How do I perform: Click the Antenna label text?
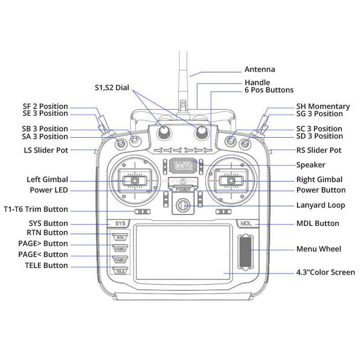click(x=260, y=69)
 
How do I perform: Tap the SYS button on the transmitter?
click(x=120, y=223)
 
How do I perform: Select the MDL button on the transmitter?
click(x=246, y=223)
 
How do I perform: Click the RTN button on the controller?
click(x=120, y=237)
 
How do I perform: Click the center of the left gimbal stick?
click(x=135, y=180)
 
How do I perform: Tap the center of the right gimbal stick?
click(x=231, y=180)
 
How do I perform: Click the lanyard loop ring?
click(x=183, y=206)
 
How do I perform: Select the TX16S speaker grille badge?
click(x=183, y=166)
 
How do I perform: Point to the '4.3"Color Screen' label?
click(x=325, y=272)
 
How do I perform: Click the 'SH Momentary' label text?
click(x=323, y=106)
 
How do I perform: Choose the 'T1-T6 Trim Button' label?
click(x=36, y=209)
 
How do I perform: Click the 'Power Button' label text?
click(x=321, y=190)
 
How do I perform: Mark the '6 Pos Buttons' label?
click(x=269, y=90)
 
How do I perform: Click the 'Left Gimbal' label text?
click(x=47, y=180)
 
